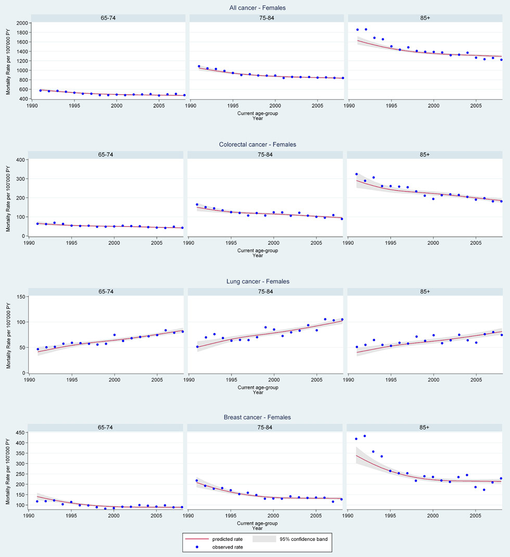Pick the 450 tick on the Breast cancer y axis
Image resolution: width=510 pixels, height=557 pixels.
pos(20,433)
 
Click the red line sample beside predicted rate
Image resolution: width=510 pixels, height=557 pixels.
pos(197,539)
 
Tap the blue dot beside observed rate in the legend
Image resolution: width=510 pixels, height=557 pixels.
pos(197,547)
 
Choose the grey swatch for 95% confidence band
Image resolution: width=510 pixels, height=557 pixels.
pos(266,539)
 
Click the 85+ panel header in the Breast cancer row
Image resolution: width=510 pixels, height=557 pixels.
pos(427,428)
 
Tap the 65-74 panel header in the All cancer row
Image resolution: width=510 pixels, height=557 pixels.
pos(108,18)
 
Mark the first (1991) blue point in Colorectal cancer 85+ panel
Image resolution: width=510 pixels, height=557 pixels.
pos(356,174)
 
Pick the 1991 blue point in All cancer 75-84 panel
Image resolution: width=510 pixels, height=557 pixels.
pos(199,66)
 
